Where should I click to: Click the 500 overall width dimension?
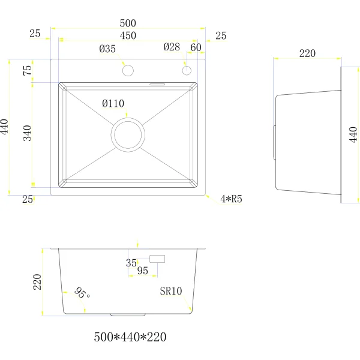128,23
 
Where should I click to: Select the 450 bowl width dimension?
128,35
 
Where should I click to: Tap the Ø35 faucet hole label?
107,49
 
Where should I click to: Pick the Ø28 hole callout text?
172,47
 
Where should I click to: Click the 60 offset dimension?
196,47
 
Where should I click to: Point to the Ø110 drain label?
113,104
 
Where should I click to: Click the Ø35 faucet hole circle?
128,70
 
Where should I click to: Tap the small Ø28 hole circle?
187,70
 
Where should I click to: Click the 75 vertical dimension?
27,70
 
